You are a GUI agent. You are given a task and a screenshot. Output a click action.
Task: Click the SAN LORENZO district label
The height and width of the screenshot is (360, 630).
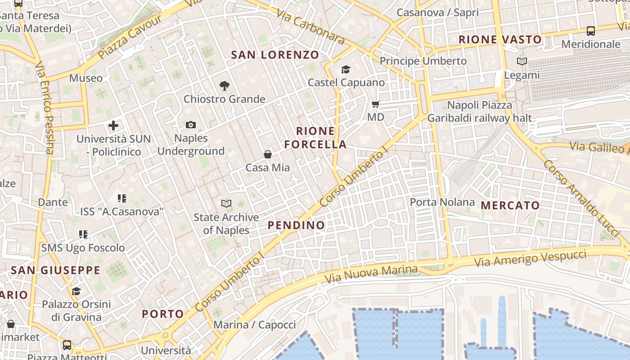[x=275, y=55]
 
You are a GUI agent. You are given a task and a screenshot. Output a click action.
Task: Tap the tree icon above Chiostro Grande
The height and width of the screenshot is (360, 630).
[x=224, y=85]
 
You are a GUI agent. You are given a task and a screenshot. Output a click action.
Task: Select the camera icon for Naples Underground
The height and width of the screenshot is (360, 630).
[x=191, y=125]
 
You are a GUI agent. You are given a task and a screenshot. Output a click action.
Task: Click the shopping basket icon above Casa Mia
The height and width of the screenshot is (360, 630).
[x=268, y=154]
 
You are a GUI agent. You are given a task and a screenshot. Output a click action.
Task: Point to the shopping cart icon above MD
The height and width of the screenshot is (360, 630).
[x=376, y=104]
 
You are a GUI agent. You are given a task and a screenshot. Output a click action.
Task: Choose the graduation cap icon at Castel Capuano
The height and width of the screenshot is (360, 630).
[x=346, y=69]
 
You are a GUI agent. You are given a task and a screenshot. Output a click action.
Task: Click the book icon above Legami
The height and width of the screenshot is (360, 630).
[x=522, y=62]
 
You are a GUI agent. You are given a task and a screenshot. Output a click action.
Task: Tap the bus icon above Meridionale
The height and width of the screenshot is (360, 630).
[x=591, y=31]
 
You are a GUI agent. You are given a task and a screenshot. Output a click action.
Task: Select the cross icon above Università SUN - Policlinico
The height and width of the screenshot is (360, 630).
[x=113, y=126]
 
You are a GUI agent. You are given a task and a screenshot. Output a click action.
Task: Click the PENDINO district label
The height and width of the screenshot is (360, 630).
[x=296, y=225]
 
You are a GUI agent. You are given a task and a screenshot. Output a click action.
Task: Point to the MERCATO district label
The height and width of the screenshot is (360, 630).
[x=510, y=206]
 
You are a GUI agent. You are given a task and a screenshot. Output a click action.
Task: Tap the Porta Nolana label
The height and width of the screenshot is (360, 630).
[x=442, y=202]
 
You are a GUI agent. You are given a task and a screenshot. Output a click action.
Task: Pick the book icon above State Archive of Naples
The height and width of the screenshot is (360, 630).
[x=226, y=204]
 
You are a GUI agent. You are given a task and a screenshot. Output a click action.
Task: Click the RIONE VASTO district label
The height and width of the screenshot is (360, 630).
[x=500, y=40]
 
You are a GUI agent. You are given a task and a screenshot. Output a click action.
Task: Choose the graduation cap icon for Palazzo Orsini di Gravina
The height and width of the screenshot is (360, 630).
[x=76, y=291]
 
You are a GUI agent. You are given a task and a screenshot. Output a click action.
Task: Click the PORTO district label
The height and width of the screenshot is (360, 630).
[x=163, y=314]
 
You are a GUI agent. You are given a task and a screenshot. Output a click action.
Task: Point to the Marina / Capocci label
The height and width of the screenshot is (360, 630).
[x=255, y=324]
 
